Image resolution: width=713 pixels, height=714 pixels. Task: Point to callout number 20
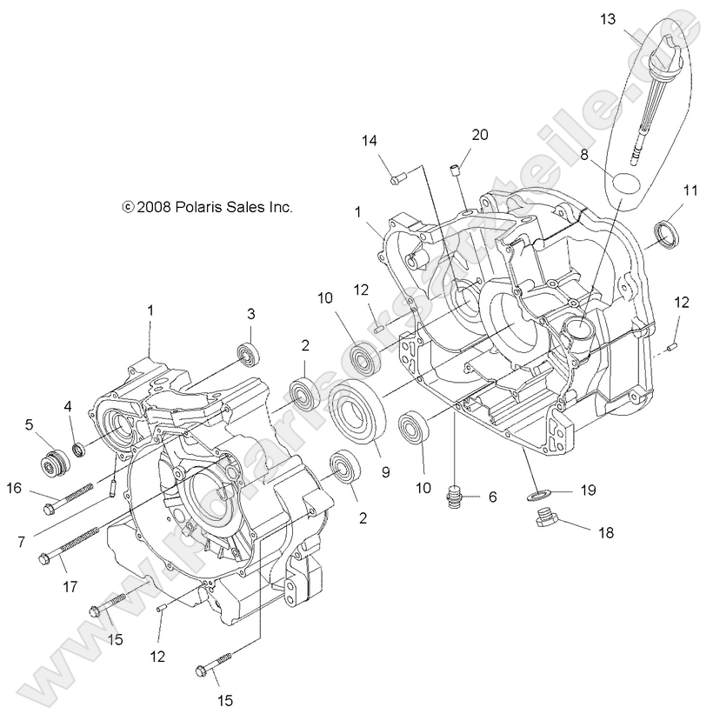tap(480, 134)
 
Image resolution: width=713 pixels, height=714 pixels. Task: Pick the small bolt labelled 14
tap(398, 179)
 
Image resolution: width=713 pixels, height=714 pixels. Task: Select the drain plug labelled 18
tap(545, 520)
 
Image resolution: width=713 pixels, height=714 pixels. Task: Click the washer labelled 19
tap(539, 493)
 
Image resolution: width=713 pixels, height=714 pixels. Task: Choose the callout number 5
tap(29, 424)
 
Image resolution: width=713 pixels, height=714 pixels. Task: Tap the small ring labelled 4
tap(78, 448)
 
